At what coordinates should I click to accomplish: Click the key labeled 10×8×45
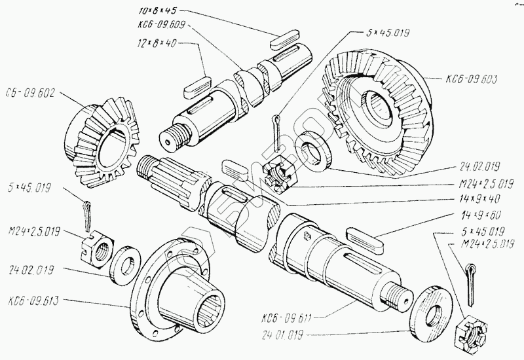coord(285,39)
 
